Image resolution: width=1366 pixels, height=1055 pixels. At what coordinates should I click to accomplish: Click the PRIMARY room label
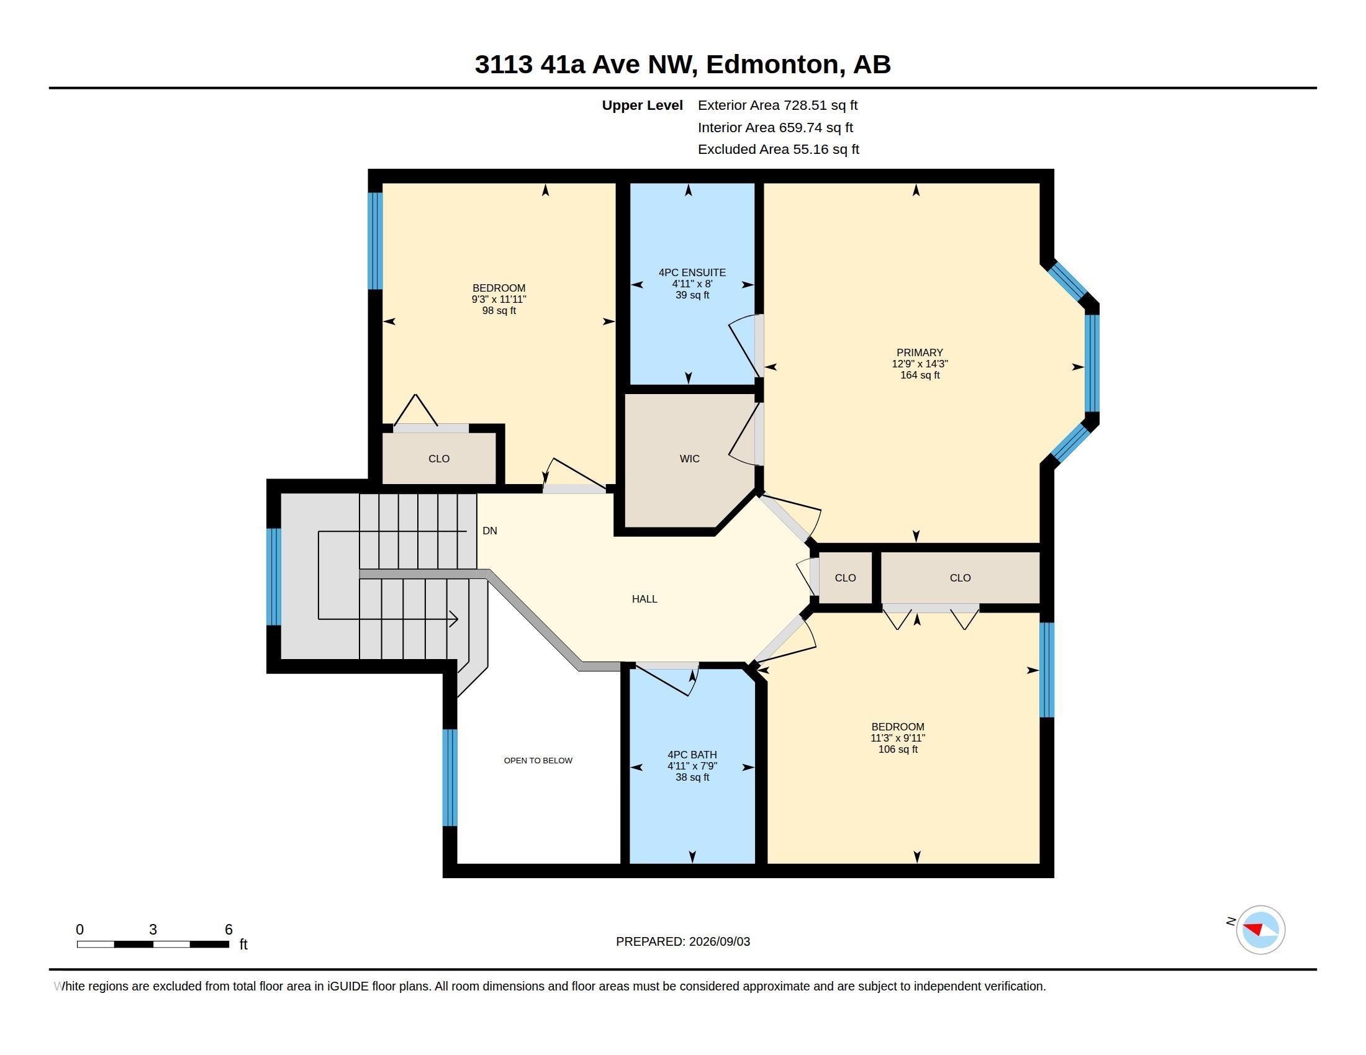coord(920,352)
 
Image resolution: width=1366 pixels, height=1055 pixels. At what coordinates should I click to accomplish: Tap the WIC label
coord(689,459)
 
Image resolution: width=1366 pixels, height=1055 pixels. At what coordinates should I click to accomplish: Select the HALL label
coord(645,599)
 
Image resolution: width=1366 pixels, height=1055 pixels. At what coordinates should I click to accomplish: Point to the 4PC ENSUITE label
coord(692,272)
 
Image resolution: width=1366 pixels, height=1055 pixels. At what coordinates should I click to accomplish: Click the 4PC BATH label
coord(692,755)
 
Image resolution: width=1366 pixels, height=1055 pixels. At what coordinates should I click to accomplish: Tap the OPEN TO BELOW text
coord(538,761)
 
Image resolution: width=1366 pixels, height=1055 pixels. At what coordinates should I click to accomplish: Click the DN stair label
coord(490,531)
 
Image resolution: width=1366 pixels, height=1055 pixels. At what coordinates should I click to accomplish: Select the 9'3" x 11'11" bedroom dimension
coord(499,299)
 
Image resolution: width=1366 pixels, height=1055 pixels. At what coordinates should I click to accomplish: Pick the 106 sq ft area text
coord(898,750)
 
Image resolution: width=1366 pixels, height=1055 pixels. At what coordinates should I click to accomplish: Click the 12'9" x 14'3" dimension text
coord(920,364)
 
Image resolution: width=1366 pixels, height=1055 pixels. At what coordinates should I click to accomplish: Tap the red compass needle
coord(1254,928)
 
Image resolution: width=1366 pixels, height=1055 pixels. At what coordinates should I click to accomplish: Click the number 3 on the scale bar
coord(153,930)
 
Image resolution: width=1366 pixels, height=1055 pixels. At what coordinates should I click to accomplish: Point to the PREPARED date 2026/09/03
coord(719,941)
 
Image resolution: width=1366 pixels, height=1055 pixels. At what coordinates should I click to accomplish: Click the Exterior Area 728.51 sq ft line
coord(777,105)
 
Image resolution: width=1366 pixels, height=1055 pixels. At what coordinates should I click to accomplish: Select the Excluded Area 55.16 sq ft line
coord(778,150)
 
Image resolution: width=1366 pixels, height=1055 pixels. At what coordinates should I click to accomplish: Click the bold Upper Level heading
coord(642,105)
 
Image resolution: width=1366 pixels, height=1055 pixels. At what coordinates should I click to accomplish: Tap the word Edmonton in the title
coord(772,65)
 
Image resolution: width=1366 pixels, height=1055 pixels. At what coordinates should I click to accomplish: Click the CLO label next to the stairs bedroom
coord(438,459)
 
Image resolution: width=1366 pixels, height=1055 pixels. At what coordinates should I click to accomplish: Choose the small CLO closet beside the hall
coord(845,578)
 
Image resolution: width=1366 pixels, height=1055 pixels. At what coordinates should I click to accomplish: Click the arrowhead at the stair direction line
coord(454,619)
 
